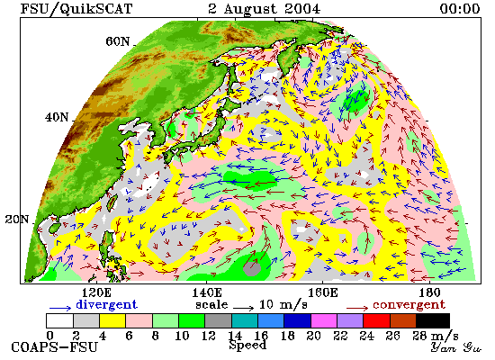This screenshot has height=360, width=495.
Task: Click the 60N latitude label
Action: [117, 41]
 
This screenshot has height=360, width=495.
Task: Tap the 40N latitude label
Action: [57, 118]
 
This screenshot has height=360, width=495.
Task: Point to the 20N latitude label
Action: [17, 220]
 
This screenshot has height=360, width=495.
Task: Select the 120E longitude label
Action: [96, 293]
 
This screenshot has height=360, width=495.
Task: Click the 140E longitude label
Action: [207, 293]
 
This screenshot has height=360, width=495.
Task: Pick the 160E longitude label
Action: [322, 293]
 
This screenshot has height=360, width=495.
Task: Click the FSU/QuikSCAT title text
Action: [76, 9]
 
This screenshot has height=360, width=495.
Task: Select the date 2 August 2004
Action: [264, 9]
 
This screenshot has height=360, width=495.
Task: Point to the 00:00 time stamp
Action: [460, 9]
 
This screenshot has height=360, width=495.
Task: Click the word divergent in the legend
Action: [106, 304]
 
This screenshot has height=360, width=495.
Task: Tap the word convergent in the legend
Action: [409, 305]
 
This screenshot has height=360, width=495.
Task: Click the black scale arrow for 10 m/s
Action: [243, 307]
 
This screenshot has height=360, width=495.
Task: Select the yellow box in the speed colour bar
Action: [112, 320]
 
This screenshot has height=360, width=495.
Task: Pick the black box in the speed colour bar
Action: [433, 320]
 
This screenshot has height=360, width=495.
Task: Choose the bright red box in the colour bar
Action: [376, 320]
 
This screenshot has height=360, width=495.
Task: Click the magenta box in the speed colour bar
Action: [324, 320]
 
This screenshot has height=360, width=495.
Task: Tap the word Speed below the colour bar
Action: [247, 345]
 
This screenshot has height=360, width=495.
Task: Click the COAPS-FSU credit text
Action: [54, 347]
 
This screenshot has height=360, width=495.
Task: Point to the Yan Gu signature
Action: [456, 347]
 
